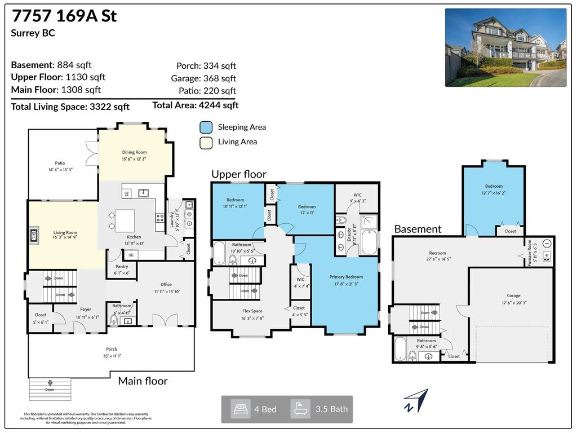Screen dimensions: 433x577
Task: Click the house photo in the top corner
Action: coord(505,47)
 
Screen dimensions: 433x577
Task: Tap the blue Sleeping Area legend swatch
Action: coord(206,127)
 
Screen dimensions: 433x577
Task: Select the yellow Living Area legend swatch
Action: coord(206,142)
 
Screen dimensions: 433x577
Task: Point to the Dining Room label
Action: coord(134,152)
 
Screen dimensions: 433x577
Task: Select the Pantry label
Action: coord(121,267)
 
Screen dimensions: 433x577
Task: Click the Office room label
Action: coord(166,285)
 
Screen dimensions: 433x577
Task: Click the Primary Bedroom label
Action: coord(346,277)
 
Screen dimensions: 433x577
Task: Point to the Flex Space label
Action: coord(252,311)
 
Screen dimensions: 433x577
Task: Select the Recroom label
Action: coord(437,253)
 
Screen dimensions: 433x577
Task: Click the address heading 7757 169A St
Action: coord(64,16)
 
